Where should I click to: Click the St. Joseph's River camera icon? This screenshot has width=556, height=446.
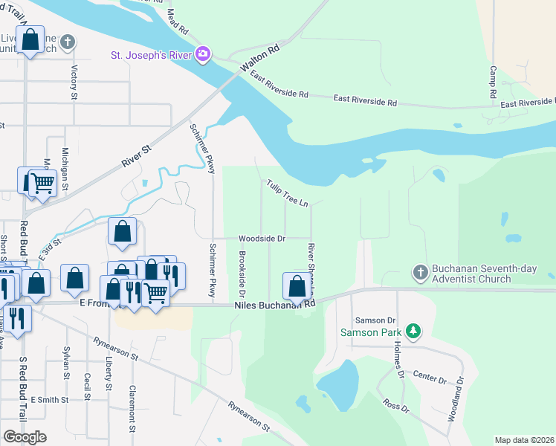coord(203,54)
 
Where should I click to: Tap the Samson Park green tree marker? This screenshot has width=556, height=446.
coord(416,331)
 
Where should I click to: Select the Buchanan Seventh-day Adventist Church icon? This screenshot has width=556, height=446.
coord(420,271)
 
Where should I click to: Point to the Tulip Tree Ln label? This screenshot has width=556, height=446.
coord(288,193)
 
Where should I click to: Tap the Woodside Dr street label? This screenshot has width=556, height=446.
coord(262,239)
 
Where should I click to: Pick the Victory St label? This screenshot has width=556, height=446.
coord(74,82)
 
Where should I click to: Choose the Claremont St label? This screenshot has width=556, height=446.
coord(132,409)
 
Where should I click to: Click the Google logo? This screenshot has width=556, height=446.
coord(25,437)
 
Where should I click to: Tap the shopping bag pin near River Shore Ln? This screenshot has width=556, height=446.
coord(297,286)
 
